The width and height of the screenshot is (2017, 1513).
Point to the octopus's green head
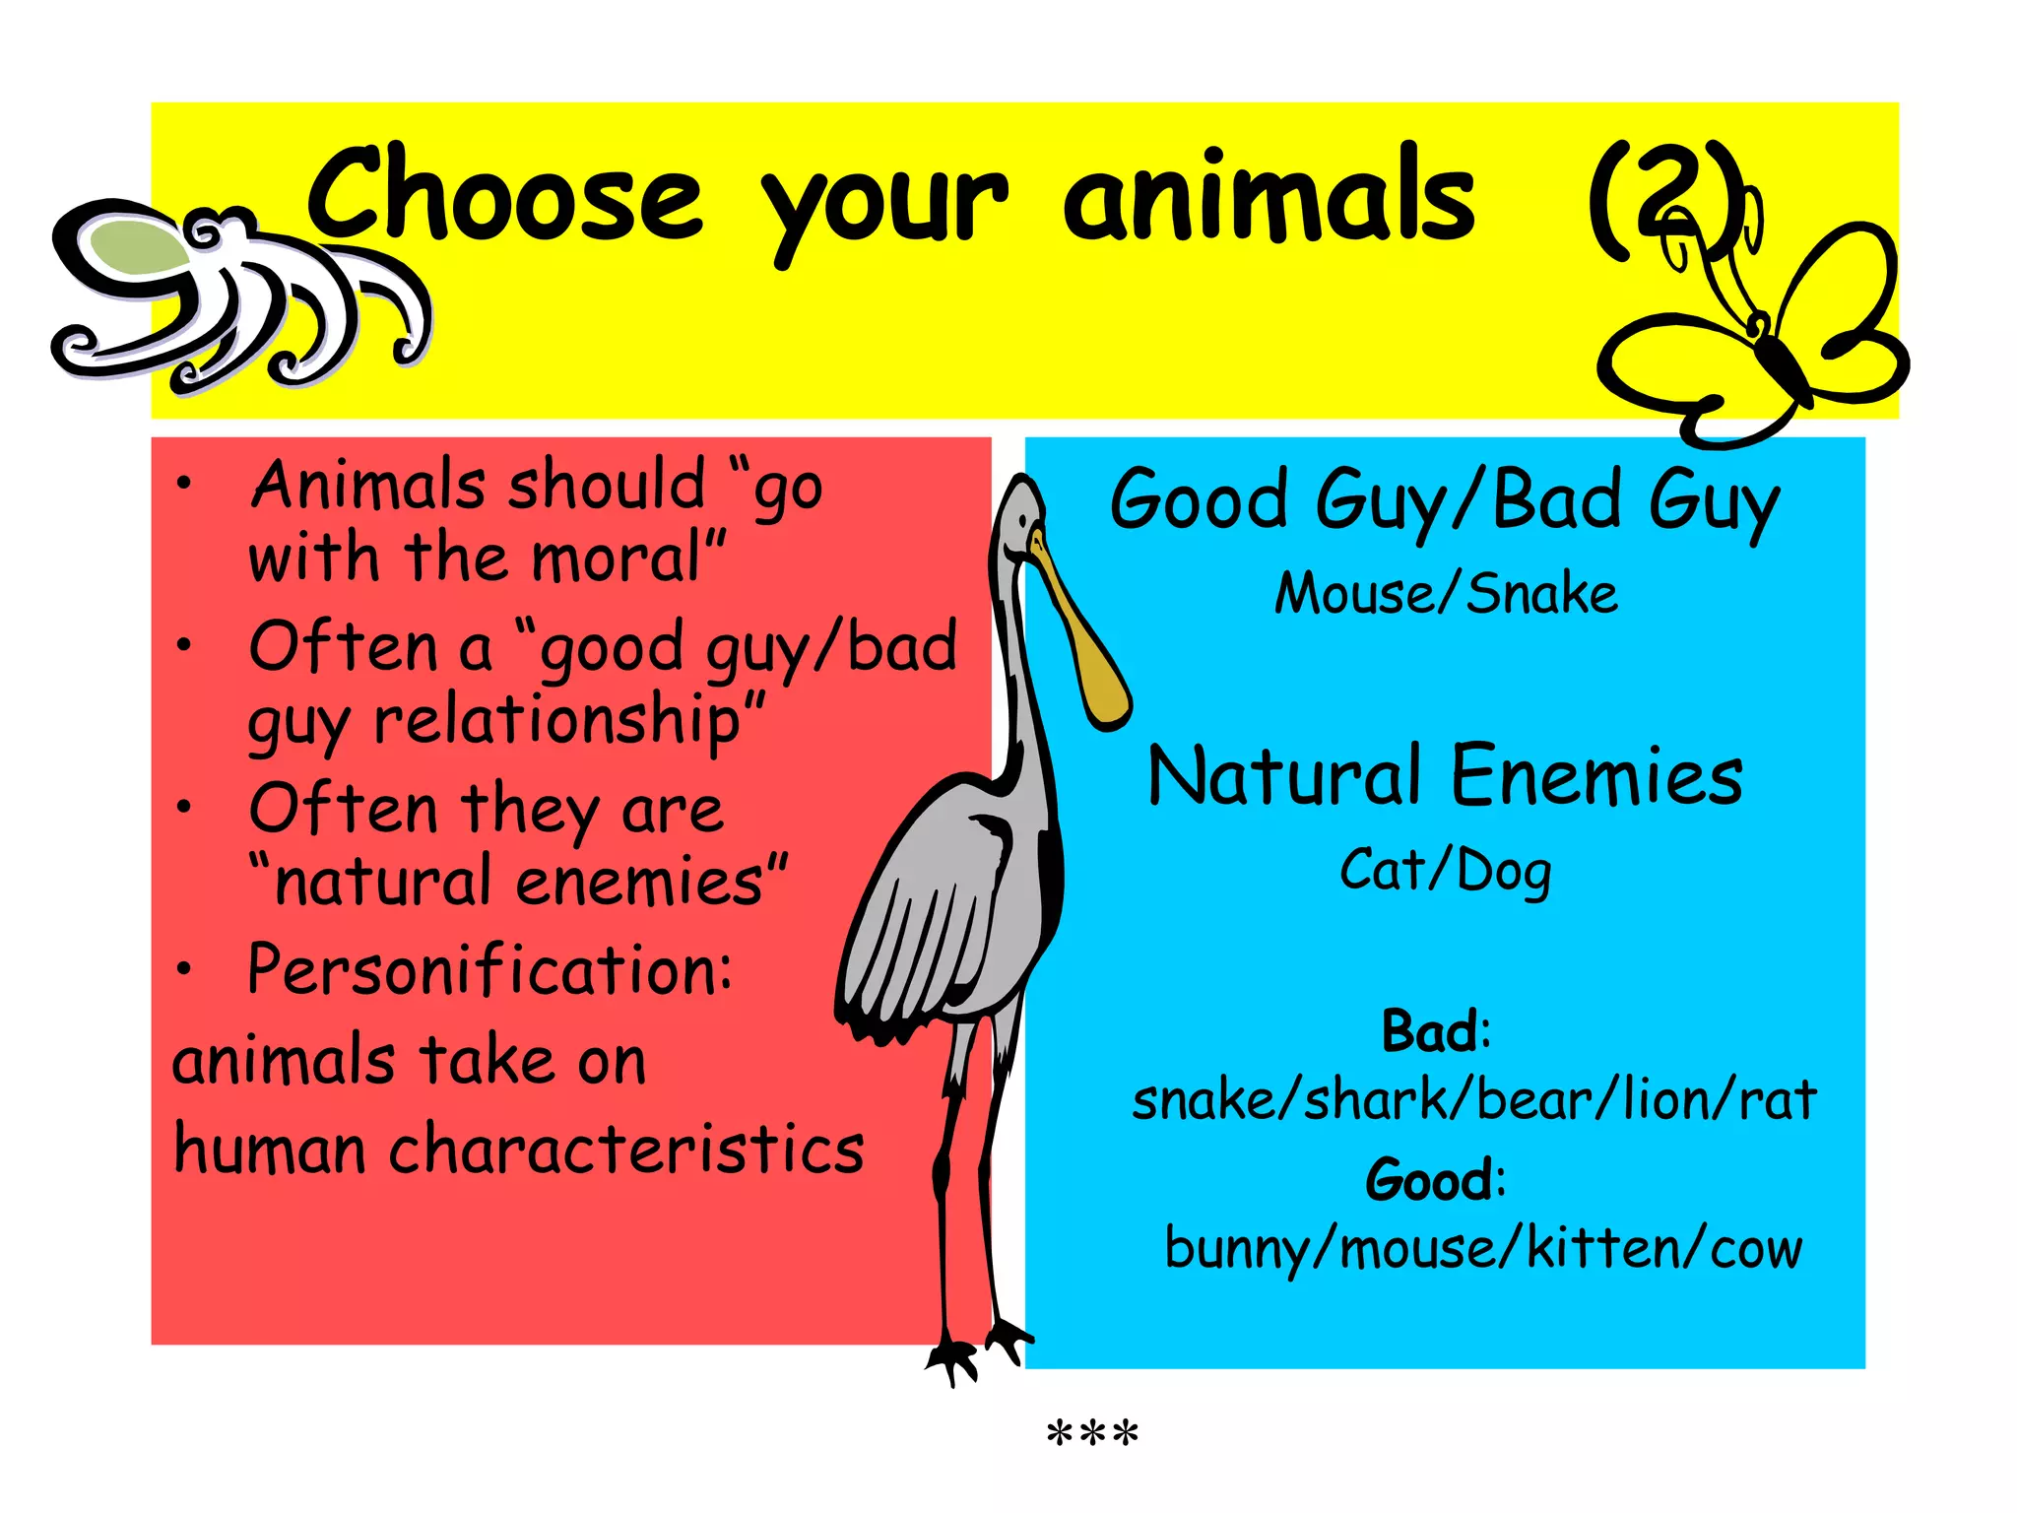pyautogui.click(x=133, y=246)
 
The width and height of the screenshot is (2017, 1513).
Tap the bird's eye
pyautogui.click(x=1024, y=521)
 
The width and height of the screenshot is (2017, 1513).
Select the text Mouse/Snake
pyautogui.click(x=1446, y=594)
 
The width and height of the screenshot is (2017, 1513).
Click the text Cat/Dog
pyautogui.click(x=1445, y=872)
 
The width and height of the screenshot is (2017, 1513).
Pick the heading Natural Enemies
pyautogui.click(x=1445, y=776)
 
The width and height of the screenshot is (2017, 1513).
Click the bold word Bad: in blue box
pyautogui.click(x=1436, y=1031)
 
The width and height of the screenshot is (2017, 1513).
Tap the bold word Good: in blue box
pyautogui.click(x=1435, y=1179)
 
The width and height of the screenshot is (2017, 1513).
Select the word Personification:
pyautogui.click(x=489, y=970)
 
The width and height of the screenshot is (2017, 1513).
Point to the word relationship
pyautogui.click(x=556, y=721)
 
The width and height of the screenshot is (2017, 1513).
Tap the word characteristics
pyautogui.click(x=626, y=1151)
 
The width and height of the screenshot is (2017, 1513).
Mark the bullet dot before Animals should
pyautogui.click(x=184, y=484)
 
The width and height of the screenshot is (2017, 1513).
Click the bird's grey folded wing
pyautogui.click(x=936, y=916)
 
